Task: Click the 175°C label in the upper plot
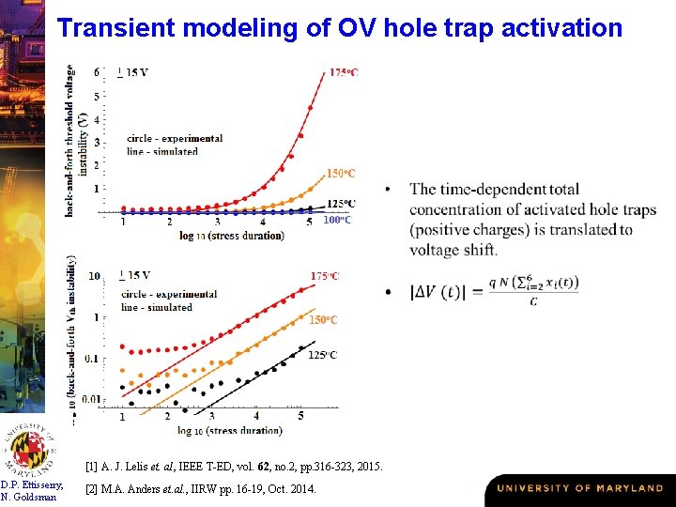343,72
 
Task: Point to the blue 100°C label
337,220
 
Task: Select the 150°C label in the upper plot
341,174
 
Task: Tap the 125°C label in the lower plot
323,355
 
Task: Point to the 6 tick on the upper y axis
98,72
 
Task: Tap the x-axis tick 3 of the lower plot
211,416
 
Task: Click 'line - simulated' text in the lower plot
157,307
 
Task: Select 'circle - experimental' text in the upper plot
175,138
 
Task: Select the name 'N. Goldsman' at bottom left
32,497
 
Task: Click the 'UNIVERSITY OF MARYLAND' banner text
579,488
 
